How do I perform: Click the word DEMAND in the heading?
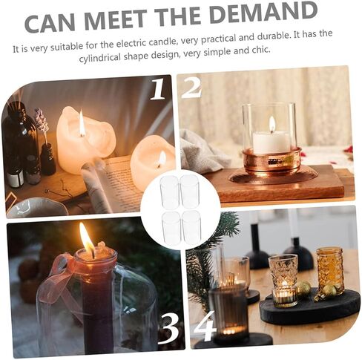[263, 13]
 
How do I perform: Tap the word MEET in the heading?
[116, 20]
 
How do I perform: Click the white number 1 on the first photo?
[158, 89]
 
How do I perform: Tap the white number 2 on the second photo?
[191, 88]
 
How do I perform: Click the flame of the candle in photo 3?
[87, 240]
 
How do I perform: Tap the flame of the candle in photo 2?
[272, 124]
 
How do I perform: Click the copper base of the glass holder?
[271, 162]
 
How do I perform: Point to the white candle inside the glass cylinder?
[271, 143]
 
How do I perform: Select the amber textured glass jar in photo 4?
[330, 270]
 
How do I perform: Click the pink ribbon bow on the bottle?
[62, 275]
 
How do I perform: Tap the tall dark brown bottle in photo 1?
[16, 146]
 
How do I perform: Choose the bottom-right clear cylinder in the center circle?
[191, 227]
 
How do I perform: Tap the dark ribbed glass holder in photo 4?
[228, 313]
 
